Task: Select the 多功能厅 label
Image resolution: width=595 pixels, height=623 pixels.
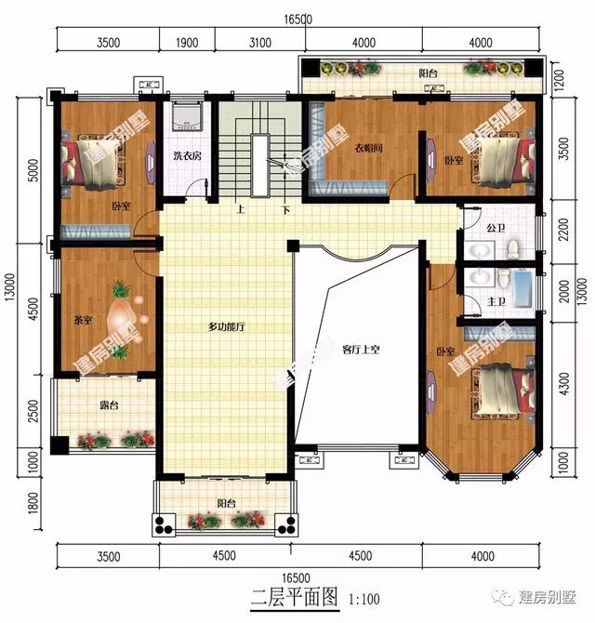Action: point(225,327)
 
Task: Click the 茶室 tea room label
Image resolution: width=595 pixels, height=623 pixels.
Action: point(82,321)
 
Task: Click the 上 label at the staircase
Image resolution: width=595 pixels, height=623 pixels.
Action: point(241,209)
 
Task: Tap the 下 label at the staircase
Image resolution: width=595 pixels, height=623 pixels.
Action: point(286,209)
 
